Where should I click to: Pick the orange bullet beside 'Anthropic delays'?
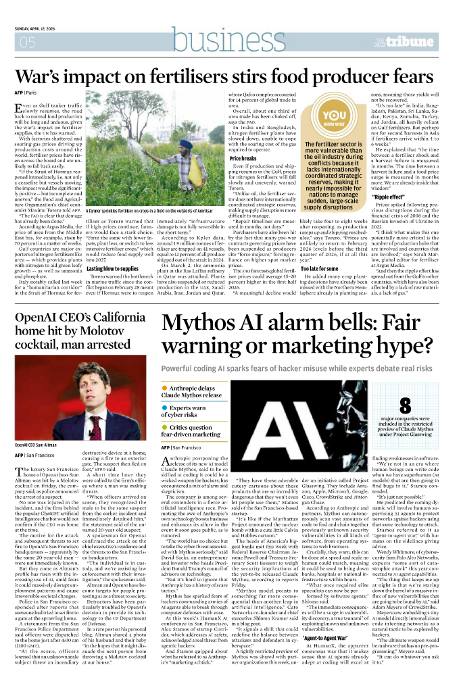(x=165, y=388)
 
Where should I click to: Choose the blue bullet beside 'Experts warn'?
(x=165, y=407)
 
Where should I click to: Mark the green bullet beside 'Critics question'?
(x=165, y=427)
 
